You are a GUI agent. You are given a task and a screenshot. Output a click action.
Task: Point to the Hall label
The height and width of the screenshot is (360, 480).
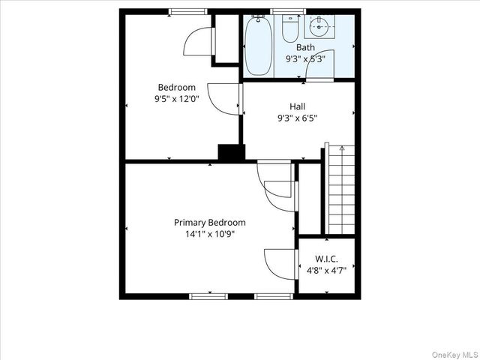(297, 106)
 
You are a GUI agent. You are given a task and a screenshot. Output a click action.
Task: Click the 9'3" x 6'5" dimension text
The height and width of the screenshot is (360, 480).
(297, 117)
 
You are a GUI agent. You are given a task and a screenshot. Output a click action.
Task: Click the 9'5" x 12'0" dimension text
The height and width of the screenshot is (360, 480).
(176, 98)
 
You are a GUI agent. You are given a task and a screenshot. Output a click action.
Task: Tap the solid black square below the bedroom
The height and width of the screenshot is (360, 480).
(231, 152)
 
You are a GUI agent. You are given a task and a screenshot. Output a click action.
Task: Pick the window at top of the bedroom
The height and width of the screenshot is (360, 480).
(187, 11)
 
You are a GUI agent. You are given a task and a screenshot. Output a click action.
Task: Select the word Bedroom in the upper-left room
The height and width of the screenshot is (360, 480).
(176, 87)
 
